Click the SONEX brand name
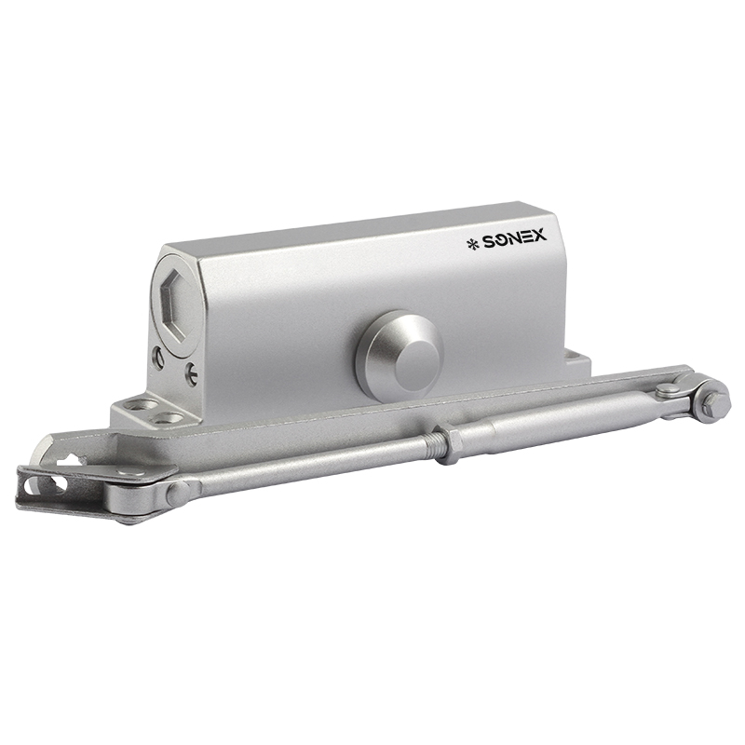click(x=515, y=239)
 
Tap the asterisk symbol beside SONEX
click(x=473, y=244)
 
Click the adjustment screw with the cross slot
click(x=191, y=374)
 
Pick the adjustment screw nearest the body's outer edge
click(x=158, y=359)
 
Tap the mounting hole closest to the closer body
click(x=169, y=418)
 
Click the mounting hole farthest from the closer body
click(x=142, y=405)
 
